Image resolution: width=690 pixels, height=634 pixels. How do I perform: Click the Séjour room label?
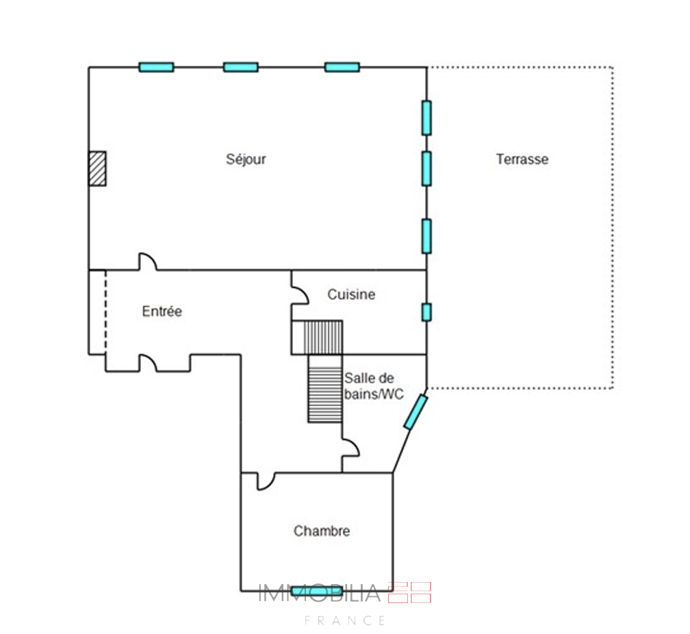point(246,159)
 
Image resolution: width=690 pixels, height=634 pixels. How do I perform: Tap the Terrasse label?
point(522,159)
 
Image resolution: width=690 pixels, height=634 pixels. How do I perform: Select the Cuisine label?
point(351,294)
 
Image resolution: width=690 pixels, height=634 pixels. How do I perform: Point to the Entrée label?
point(162,311)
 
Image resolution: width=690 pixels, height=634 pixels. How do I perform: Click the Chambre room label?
point(322,531)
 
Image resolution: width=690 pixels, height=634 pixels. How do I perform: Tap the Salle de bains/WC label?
point(374,385)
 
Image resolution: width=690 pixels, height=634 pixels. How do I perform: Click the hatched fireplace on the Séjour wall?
point(97,168)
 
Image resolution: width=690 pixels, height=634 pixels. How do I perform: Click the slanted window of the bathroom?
point(416,412)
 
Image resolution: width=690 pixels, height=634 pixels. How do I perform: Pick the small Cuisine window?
point(426,312)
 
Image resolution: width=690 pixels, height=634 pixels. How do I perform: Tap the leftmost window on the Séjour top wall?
point(156,67)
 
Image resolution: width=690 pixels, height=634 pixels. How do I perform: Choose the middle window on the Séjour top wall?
point(241,67)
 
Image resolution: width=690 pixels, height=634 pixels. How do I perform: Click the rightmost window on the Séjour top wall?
point(342,67)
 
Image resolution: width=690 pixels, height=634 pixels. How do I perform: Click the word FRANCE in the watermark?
point(346,620)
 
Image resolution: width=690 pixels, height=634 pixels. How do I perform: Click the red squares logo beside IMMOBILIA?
point(409,592)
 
